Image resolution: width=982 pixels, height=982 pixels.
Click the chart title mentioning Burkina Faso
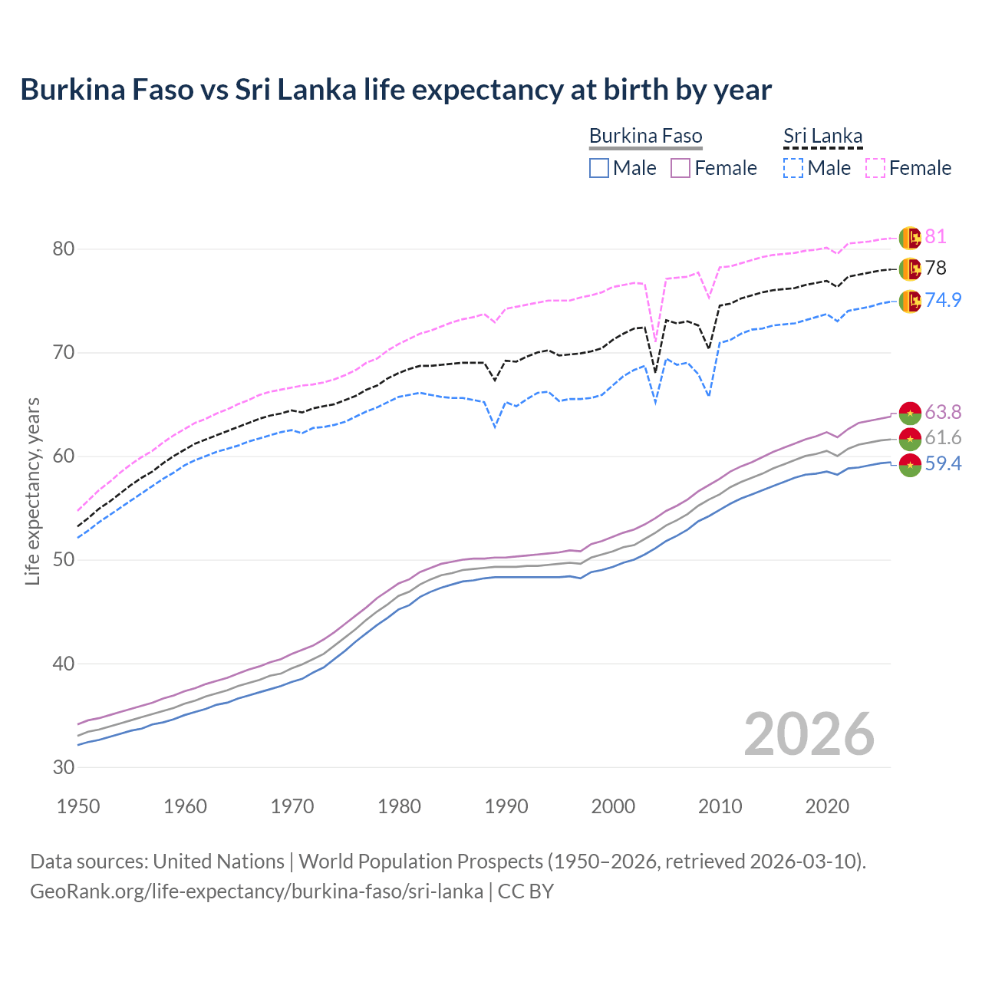click(x=396, y=90)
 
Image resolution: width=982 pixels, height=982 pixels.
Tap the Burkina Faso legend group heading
click(x=645, y=137)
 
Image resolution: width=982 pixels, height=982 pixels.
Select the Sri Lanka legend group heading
click(x=822, y=137)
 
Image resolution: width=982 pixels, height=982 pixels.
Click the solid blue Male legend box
click(x=599, y=168)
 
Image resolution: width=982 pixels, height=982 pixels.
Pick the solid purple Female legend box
click(x=680, y=168)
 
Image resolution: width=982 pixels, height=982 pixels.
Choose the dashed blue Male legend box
click(x=793, y=168)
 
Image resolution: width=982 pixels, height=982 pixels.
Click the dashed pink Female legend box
click(x=875, y=168)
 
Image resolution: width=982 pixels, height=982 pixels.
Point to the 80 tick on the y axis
click(x=64, y=249)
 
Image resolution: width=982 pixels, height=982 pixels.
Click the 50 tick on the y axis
click(x=64, y=560)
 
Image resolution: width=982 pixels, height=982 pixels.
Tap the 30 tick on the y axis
click(x=64, y=767)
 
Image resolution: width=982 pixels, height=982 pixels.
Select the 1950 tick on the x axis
click(x=78, y=806)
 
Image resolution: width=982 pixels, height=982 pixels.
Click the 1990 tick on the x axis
click(x=506, y=806)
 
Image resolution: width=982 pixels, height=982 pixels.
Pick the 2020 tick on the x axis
click(x=827, y=806)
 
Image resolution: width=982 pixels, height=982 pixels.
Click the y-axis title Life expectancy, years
click(x=33, y=491)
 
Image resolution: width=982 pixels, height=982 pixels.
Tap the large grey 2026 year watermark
click(x=809, y=734)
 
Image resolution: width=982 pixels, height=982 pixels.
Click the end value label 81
click(x=935, y=237)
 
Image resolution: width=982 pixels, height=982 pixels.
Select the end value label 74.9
click(x=943, y=300)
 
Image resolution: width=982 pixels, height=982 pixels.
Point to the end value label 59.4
click(x=943, y=464)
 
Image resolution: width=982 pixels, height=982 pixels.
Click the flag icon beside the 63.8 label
click(x=910, y=413)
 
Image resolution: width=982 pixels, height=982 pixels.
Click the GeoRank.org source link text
click(x=256, y=891)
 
